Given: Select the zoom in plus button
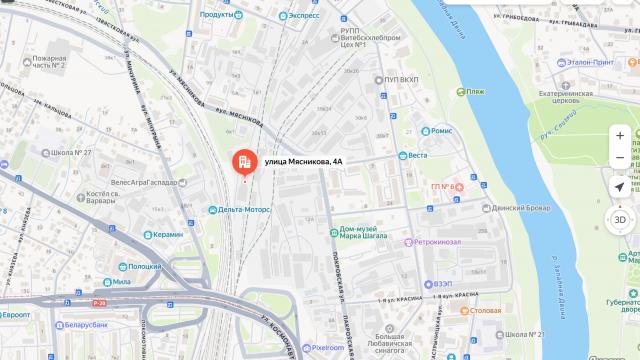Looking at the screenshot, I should pyautogui.click(x=620, y=135).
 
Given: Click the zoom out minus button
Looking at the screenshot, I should pyautogui.click(x=620, y=157).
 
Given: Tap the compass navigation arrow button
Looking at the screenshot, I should pyautogui.click(x=620, y=187).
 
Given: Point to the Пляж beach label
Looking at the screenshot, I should pyautogui.click(x=475, y=91).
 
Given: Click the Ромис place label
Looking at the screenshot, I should pyautogui.click(x=442, y=131).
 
